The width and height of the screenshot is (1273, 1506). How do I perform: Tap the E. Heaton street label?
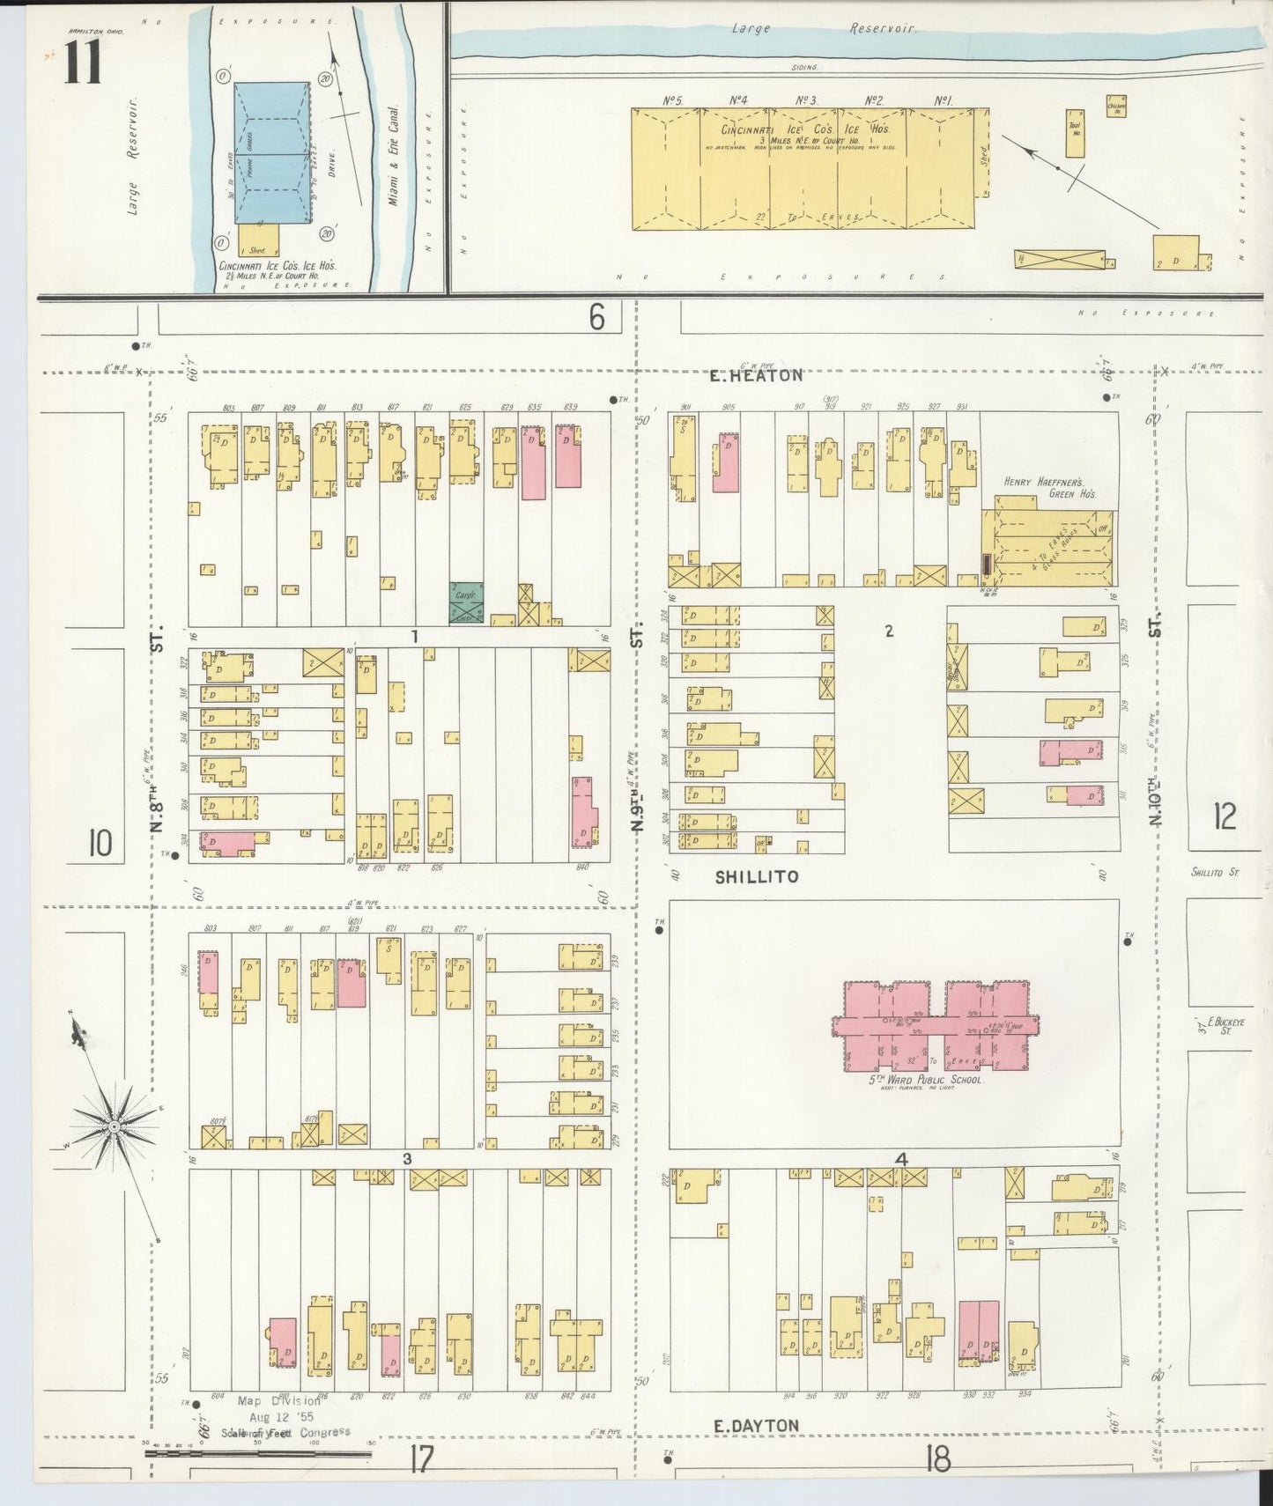point(758,376)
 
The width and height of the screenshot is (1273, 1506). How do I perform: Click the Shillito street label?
point(757,876)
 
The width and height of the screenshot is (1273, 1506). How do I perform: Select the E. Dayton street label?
point(756,1426)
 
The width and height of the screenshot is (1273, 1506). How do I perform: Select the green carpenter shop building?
point(464,596)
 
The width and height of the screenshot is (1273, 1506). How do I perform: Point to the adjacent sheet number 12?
point(1224,817)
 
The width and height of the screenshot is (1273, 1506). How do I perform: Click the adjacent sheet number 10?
point(100,845)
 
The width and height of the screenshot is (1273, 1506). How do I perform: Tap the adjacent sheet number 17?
point(421,1459)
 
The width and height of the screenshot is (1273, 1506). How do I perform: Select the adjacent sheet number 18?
point(937,1459)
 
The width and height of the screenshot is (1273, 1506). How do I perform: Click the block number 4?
point(900,1160)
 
